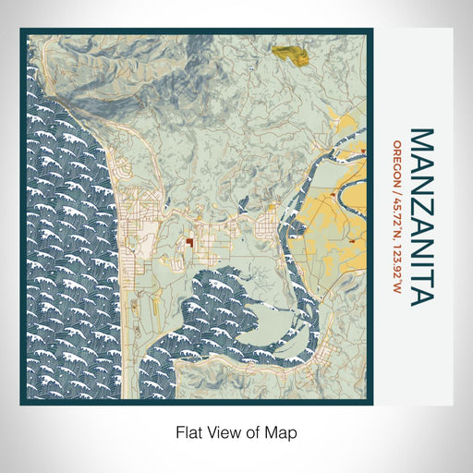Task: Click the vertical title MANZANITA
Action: [420, 217]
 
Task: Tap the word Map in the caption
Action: [283, 431]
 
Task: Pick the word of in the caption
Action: [256, 431]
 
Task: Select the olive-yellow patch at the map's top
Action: [289, 54]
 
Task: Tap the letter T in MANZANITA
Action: [420, 273]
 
